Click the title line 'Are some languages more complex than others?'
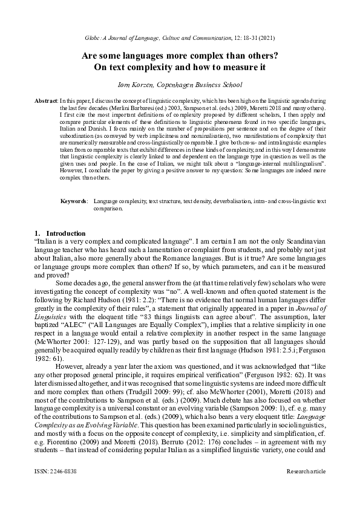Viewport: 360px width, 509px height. pyautogui.click(x=180, y=56)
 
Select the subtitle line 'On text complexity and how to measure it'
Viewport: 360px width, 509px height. pyautogui.click(x=180, y=67)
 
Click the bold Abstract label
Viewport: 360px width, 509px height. pyautogui.click(x=44, y=99)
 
